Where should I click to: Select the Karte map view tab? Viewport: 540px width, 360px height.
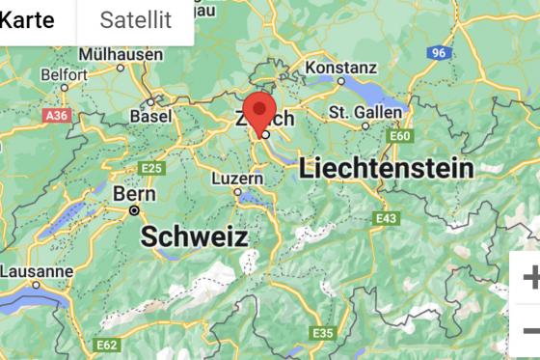(x=26, y=19)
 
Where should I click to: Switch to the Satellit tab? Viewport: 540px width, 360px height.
(x=135, y=19)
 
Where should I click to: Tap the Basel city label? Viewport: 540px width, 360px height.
(x=150, y=117)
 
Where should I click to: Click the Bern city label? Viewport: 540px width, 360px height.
(x=128, y=193)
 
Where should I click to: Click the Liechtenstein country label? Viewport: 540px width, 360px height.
(x=387, y=168)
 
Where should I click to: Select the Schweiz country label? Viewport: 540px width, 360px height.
(x=195, y=236)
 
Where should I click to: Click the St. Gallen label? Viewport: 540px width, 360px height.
(x=364, y=113)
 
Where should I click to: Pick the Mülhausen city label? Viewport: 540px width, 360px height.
(x=121, y=54)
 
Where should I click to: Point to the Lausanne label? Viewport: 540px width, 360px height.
(x=37, y=271)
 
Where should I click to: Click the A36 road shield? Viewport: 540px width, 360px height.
(x=57, y=115)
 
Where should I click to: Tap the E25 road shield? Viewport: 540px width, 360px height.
(x=151, y=168)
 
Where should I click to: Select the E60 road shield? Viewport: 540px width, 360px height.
(x=400, y=136)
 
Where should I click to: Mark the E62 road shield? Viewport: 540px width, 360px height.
(x=106, y=345)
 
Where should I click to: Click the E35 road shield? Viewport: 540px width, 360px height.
(x=322, y=333)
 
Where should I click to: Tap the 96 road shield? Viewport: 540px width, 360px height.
(x=441, y=52)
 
